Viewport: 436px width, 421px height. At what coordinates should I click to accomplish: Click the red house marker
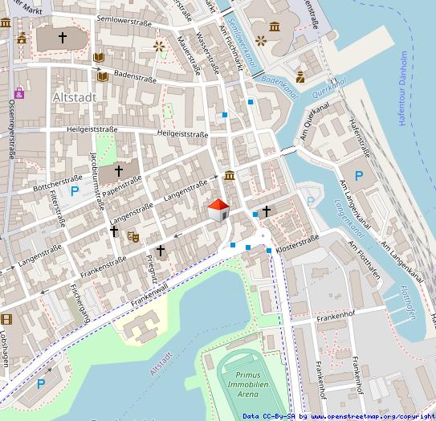coord(218,211)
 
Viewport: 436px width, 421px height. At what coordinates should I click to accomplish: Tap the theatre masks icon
coord(133,236)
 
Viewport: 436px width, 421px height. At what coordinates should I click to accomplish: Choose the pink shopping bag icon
coord(18,93)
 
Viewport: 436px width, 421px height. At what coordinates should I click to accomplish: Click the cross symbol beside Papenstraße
coord(119,170)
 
